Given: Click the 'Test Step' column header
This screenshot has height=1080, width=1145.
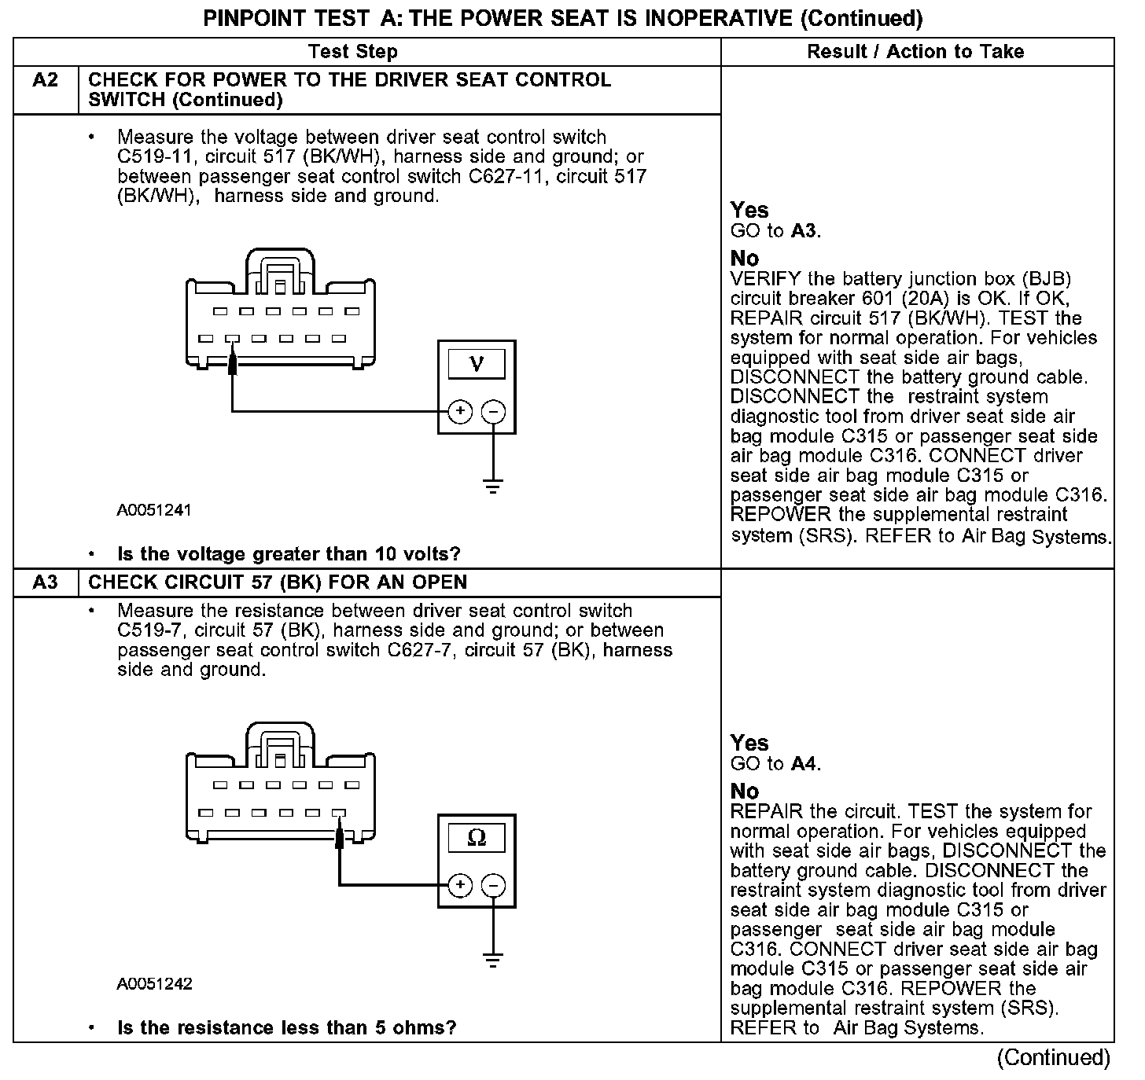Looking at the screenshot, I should point(353,52).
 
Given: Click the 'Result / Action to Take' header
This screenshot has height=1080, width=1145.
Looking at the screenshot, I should point(915,52).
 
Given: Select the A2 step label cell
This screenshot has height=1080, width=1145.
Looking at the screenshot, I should point(46,80).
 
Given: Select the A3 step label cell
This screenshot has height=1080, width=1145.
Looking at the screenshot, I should point(46,582).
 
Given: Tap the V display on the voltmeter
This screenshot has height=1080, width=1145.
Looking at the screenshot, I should point(477,364).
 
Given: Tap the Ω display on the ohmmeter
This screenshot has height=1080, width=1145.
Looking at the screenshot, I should point(477,838).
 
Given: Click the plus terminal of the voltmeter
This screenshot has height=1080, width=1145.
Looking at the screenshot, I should point(460,411).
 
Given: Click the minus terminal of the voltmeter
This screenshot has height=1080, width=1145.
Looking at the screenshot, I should point(493,411).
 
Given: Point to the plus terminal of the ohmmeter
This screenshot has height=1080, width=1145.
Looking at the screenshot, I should point(460,886).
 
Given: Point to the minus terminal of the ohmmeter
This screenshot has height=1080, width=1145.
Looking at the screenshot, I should point(493,886).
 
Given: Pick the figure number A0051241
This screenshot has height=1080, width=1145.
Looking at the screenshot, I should point(154,510).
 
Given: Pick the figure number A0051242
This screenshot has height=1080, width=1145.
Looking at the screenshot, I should point(154,984).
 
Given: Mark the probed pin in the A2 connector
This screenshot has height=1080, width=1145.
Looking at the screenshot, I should point(232,340).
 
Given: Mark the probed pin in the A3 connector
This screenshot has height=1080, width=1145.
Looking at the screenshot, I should point(339,814).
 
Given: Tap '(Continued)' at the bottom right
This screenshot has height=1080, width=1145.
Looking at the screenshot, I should point(1053,1058).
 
